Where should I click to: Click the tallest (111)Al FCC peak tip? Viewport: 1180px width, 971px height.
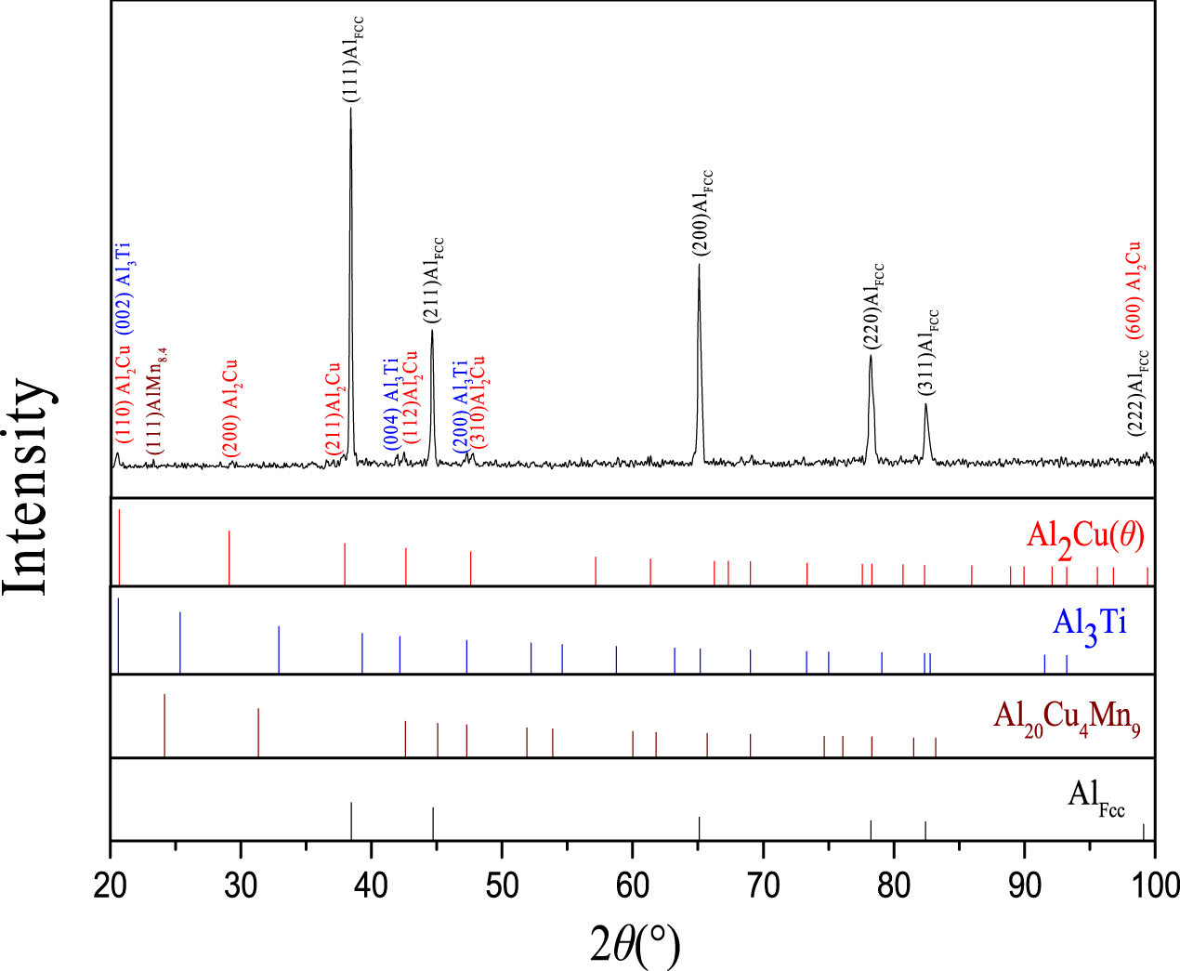350,110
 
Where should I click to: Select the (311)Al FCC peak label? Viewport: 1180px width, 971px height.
929,352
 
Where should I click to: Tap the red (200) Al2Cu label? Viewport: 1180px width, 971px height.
229,409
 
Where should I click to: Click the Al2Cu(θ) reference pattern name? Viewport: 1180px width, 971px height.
1085,538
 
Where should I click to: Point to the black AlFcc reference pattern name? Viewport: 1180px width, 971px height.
1095,797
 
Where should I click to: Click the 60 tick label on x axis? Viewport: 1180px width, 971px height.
632,884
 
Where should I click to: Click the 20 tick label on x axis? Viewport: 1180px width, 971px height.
111,884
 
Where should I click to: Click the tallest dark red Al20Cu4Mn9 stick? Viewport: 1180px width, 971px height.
164,725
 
